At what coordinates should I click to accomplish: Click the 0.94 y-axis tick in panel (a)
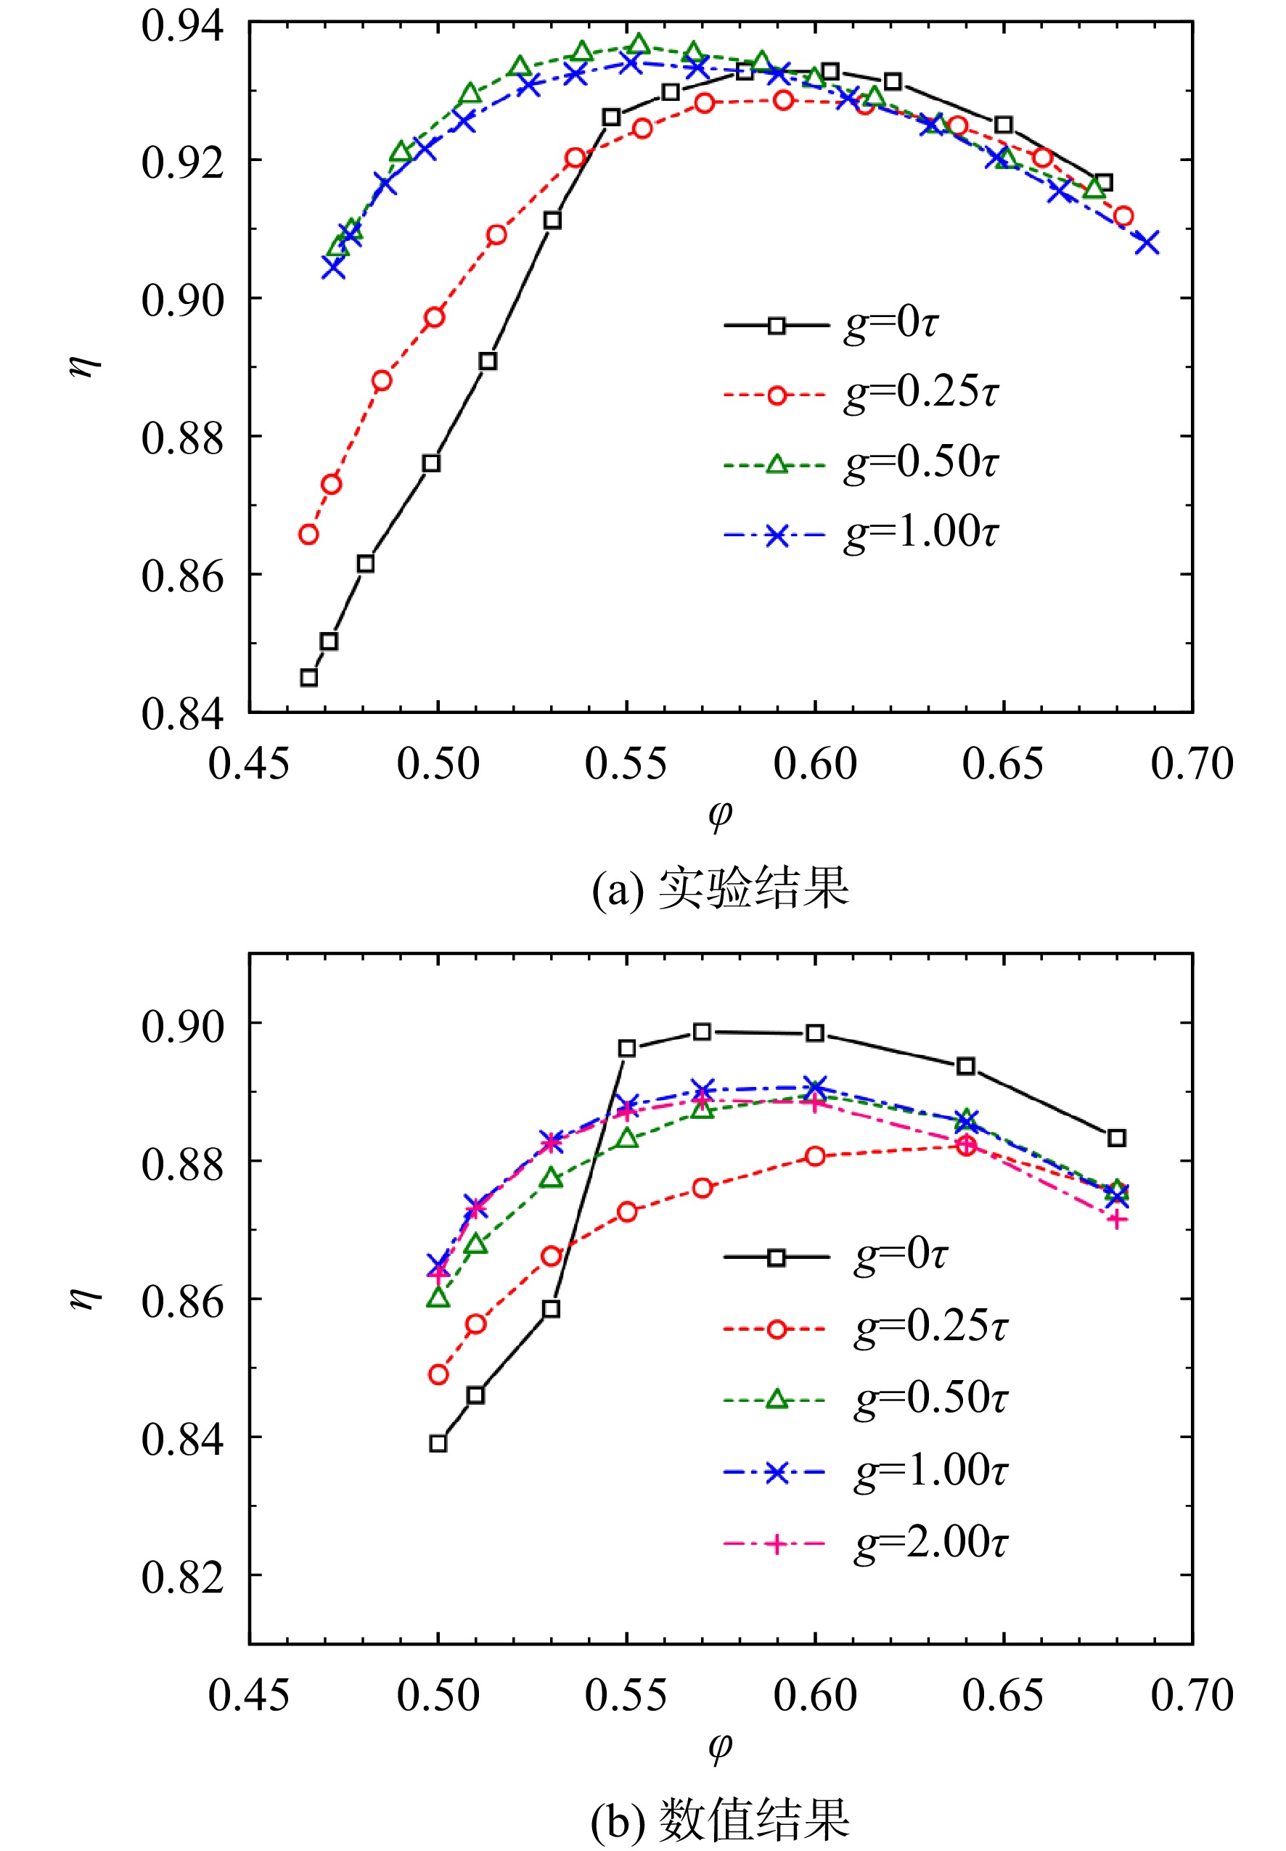(x=182, y=25)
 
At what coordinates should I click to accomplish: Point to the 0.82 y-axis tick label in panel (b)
(x=182, y=1576)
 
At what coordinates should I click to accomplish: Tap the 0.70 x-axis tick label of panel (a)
(x=1192, y=763)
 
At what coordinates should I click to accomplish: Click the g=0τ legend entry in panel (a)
(x=831, y=324)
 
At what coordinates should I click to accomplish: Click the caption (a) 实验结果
(x=719, y=888)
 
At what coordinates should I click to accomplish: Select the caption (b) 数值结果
(x=719, y=1817)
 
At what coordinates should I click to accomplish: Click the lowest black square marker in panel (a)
(x=308, y=678)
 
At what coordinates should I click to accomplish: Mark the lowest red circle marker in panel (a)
(x=308, y=534)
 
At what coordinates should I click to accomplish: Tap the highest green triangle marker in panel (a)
(x=639, y=44)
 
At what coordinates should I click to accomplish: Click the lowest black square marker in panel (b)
(x=438, y=1443)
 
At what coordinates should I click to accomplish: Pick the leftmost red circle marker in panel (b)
(x=438, y=1374)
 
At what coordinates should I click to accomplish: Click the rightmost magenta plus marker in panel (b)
(x=1116, y=1220)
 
